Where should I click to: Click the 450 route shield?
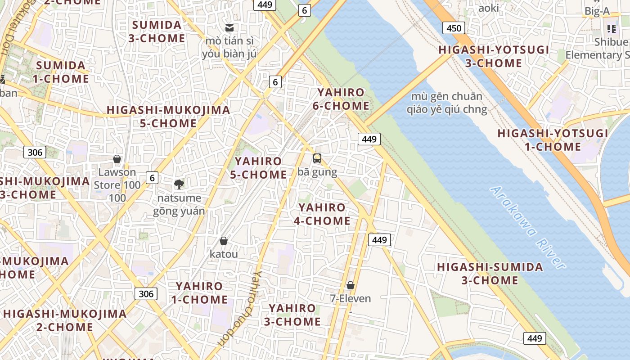pyautogui.click(x=454, y=28)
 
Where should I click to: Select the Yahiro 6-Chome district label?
pyautogui.click(x=341, y=99)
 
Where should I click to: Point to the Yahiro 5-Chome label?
pyautogui.click(x=258, y=168)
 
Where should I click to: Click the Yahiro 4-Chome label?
pyautogui.click(x=322, y=214)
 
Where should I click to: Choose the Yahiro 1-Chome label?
pyautogui.click(x=199, y=292)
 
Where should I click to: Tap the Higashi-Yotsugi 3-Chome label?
pyautogui.click(x=494, y=56)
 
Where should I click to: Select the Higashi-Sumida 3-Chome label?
pyautogui.click(x=490, y=274)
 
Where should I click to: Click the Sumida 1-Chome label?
pyautogui.click(x=61, y=72)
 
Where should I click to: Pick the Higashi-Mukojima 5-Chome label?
pyautogui.click(x=168, y=117)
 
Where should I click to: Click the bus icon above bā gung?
pyautogui.click(x=317, y=158)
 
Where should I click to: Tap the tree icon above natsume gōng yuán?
pyautogui.click(x=179, y=184)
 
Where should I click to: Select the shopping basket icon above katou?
pyautogui.click(x=224, y=241)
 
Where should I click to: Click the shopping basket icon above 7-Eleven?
pyautogui.click(x=351, y=285)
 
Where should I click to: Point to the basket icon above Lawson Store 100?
pyautogui.click(x=117, y=159)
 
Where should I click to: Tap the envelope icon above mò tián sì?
pyautogui.click(x=229, y=28)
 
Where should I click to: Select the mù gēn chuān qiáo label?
pyautogui.click(x=447, y=103)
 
